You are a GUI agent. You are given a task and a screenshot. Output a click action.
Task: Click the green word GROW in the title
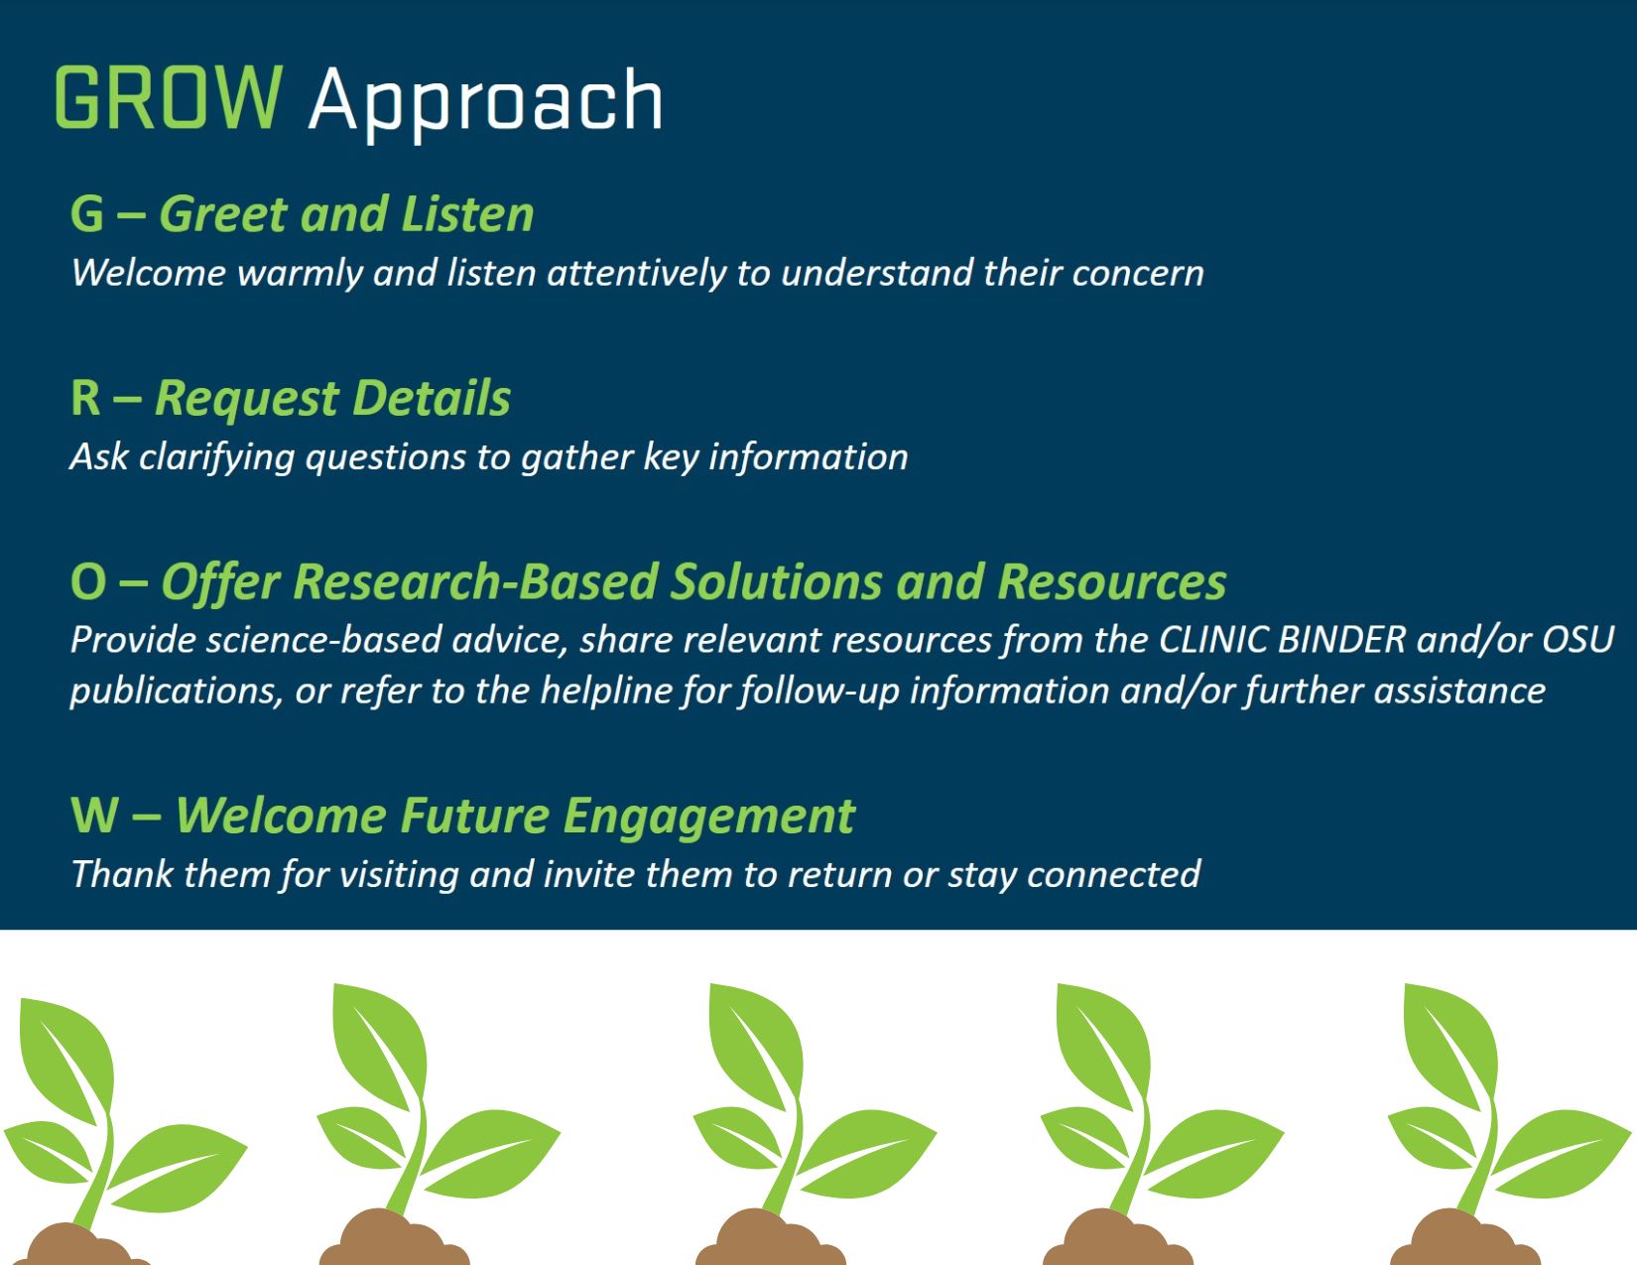tap(169, 97)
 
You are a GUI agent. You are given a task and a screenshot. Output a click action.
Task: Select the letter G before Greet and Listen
tap(86, 214)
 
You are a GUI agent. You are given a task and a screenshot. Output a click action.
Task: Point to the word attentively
tap(637, 273)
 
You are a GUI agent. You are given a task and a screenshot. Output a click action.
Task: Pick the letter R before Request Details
tap(85, 398)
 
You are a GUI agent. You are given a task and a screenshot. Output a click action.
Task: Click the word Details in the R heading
tap(431, 398)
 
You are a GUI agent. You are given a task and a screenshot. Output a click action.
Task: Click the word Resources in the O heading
tap(1112, 582)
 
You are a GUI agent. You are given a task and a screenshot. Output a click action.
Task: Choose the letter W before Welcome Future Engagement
tap(95, 816)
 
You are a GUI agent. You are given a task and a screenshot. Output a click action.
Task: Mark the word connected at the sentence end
tap(1113, 875)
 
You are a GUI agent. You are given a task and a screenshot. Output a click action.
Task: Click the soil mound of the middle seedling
tap(770, 1238)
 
